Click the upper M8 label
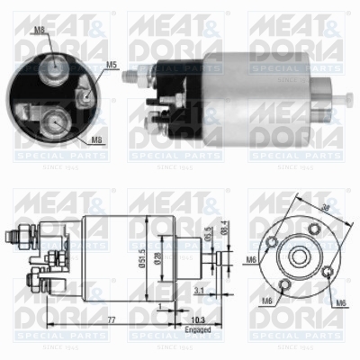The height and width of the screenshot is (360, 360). pyautogui.click(x=40, y=31)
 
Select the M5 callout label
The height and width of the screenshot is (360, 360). pyautogui.click(x=112, y=65)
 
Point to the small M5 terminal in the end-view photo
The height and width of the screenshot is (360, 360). pyautogui.click(x=84, y=89)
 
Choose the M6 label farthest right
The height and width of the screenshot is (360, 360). pyautogui.click(x=341, y=301)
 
